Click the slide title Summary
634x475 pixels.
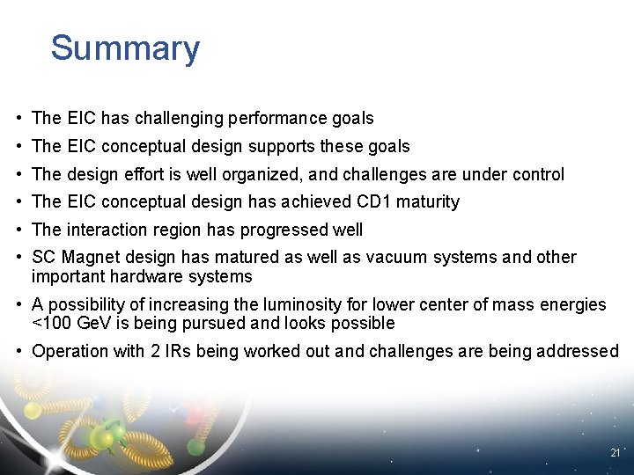click(125, 48)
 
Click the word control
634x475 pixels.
click(537, 174)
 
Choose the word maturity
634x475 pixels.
click(428, 202)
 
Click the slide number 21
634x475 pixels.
click(615, 452)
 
